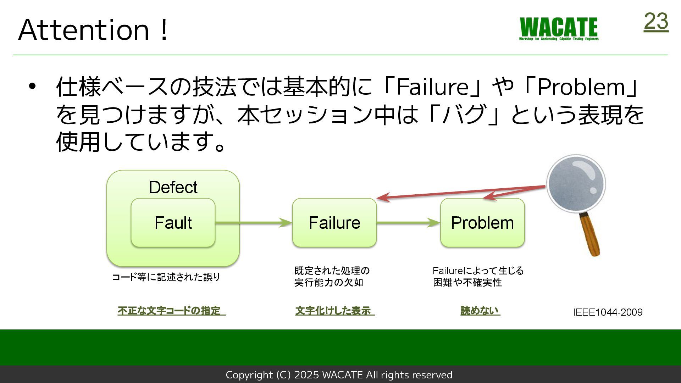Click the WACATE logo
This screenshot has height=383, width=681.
tap(559, 28)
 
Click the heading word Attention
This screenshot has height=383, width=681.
tap(84, 30)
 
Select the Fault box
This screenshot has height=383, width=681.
tap(173, 223)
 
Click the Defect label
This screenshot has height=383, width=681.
tap(173, 187)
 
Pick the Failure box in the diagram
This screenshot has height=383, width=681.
tap(334, 223)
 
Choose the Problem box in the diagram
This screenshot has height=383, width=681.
tap(482, 223)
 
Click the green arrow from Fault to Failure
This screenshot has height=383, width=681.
tap(253, 223)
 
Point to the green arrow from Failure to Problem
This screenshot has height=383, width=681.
tap(408, 223)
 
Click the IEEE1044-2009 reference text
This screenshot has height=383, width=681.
tap(608, 312)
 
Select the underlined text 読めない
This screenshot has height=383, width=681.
tap(480, 311)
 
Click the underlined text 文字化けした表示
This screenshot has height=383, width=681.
tap(334, 311)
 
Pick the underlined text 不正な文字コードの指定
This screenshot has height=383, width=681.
tap(171, 311)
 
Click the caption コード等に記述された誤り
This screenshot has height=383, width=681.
tap(166, 277)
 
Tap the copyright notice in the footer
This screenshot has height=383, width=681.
tap(339, 375)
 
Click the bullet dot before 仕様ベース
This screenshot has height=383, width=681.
tap(32, 86)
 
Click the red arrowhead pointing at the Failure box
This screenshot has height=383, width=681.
tap(383, 198)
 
